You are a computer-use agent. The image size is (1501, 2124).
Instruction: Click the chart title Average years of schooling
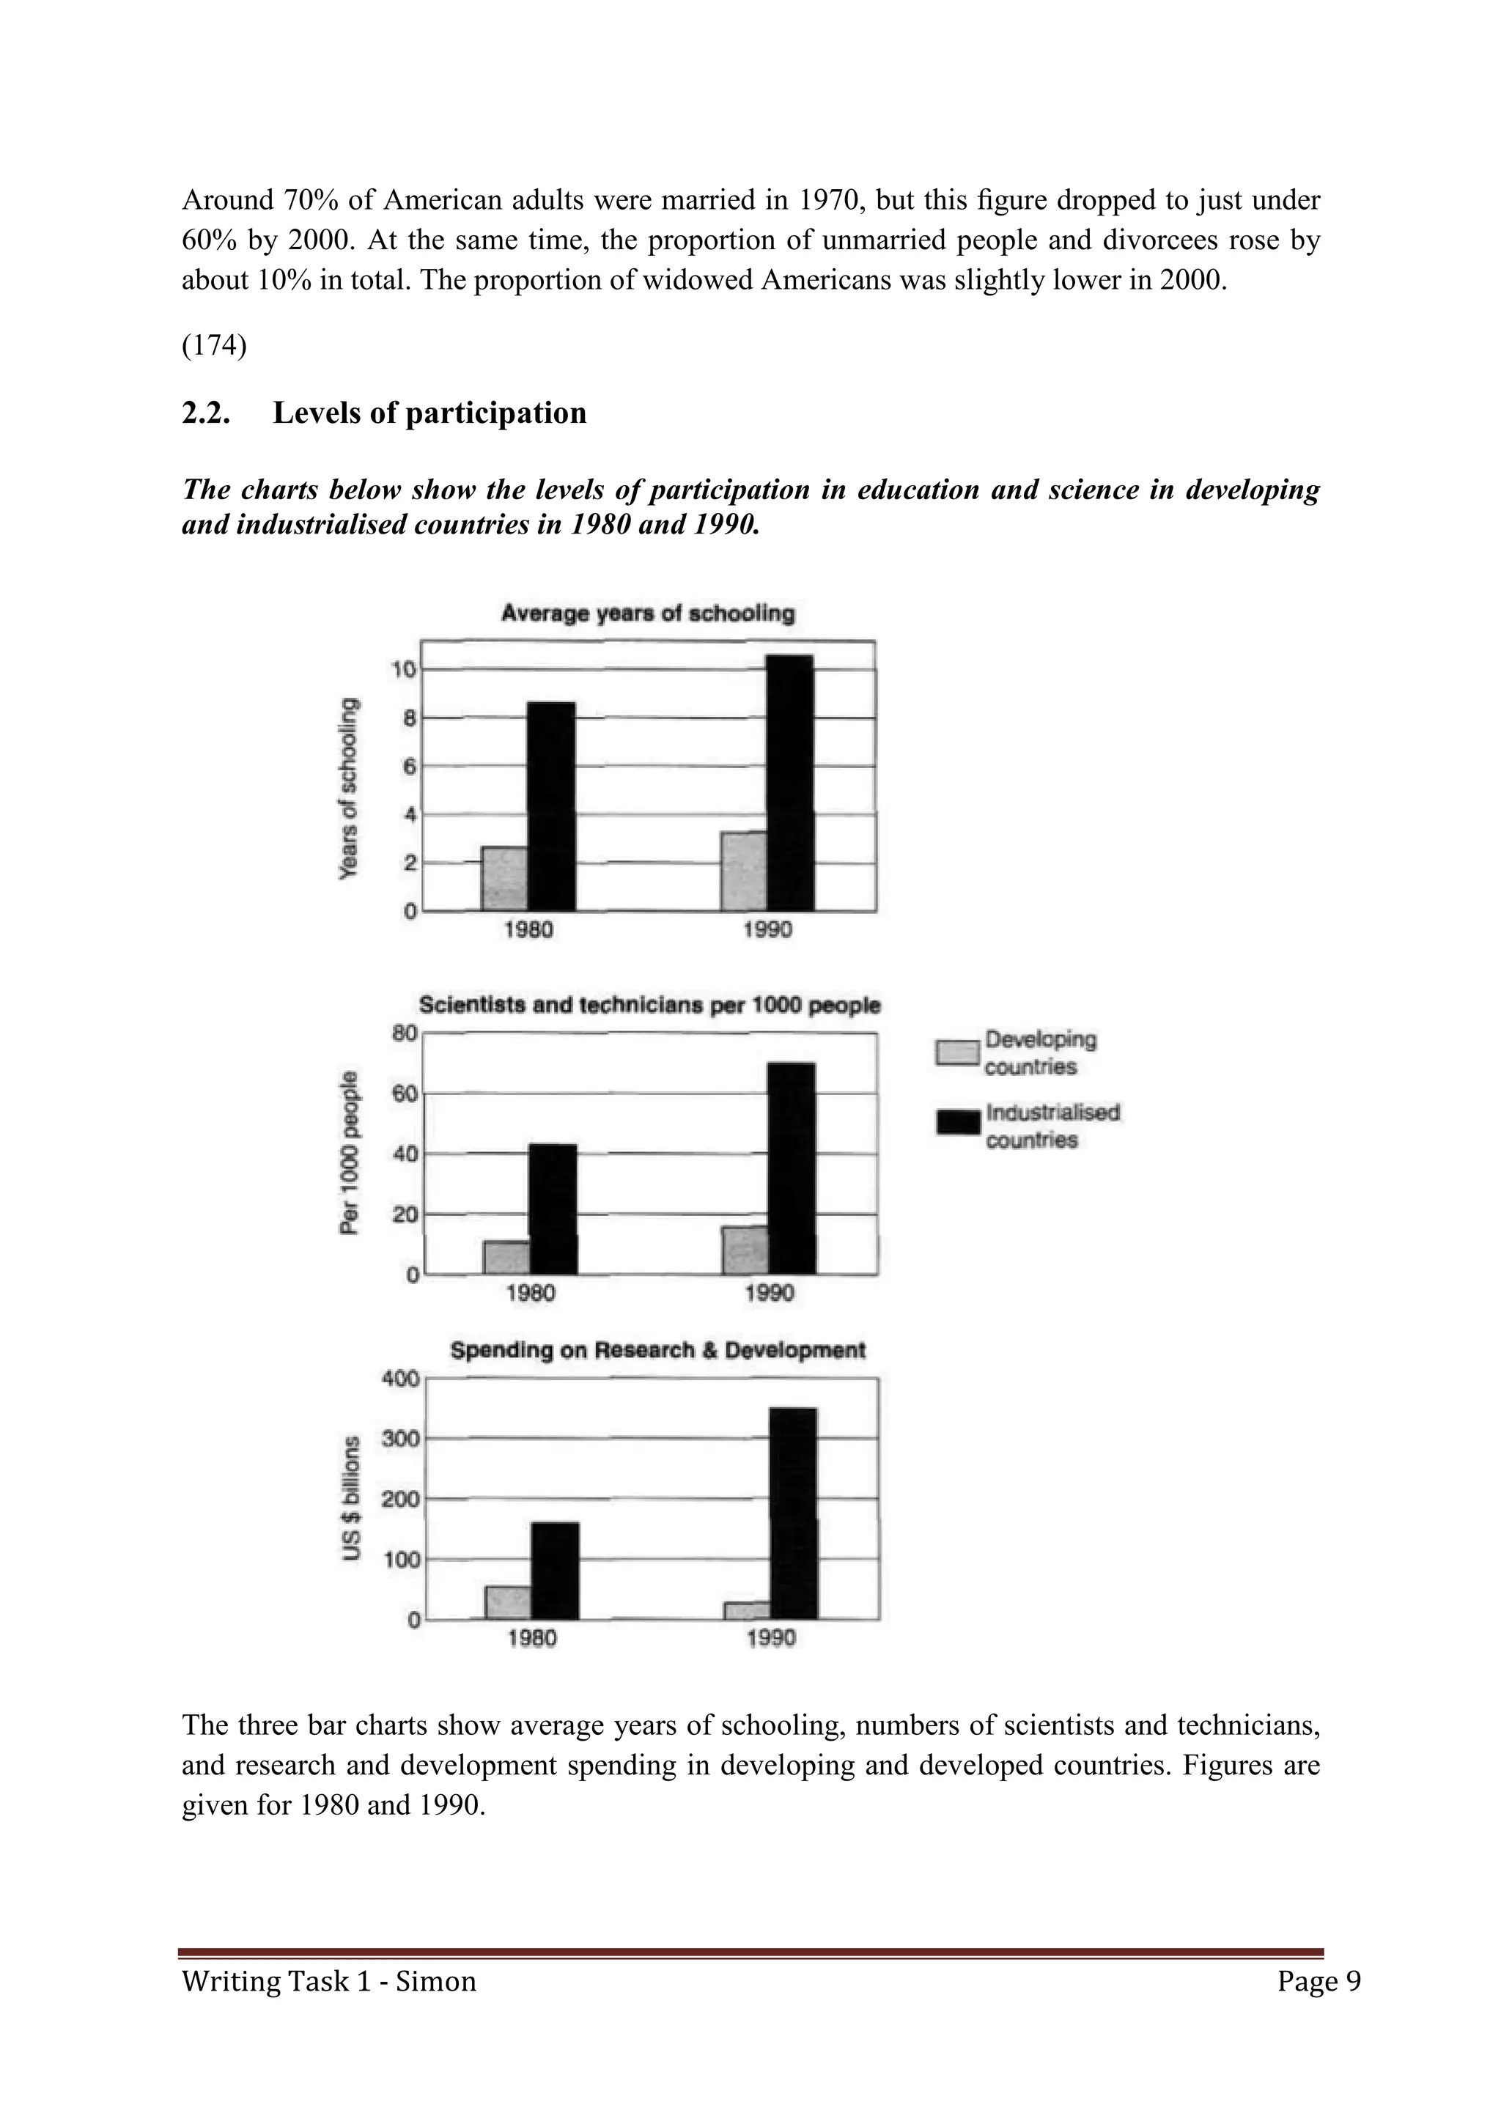pos(647,613)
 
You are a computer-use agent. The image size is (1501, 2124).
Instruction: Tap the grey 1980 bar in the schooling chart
pos(504,879)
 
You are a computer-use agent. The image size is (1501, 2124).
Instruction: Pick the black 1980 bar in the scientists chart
pos(553,1209)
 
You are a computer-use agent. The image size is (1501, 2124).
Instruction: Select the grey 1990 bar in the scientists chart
pos(745,1250)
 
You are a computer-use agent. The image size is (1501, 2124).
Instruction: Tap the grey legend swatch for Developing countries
pos(957,1052)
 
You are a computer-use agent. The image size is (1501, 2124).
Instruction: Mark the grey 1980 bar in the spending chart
pos(508,1603)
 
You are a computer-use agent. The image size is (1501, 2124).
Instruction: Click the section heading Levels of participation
pos(429,413)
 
